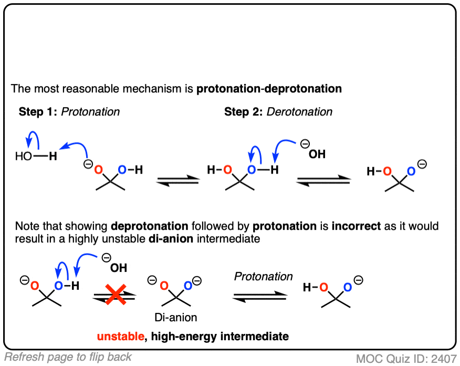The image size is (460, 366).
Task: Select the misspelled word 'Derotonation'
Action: click(x=306, y=111)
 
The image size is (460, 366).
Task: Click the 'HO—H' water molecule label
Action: click(x=36, y=157)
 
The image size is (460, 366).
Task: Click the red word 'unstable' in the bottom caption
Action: click(x=120, y=335)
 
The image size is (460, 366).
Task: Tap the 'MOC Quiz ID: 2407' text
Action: click(x=405, y=359)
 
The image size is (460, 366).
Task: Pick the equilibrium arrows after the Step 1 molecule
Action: click(x=178, y=180)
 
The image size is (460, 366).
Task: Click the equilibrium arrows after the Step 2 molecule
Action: click(x=324, y=180)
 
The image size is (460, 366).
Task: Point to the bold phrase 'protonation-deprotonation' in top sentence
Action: click(x=269, y=88)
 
